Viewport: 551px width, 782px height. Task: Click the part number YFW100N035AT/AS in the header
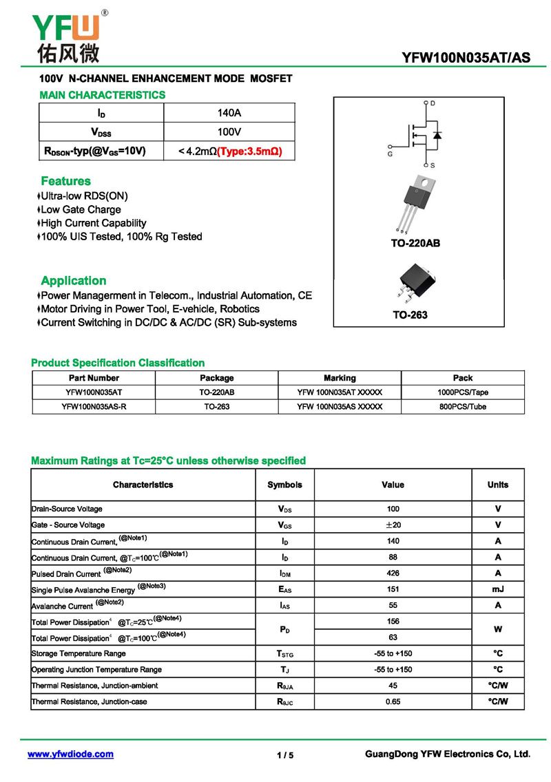[x=466, y=57]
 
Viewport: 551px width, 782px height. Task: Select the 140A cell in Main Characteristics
[x=229, y=113]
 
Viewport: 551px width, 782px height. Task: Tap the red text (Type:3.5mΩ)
[x=249, y=151]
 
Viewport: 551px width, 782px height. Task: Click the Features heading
[x=65, y=181]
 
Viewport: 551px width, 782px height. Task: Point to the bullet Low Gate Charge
[x=80, y=209]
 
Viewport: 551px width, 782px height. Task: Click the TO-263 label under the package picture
[x=410, y=315]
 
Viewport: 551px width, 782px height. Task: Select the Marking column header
[x=340, y=378]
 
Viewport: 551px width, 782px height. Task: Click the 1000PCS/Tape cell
[x=463, y=392]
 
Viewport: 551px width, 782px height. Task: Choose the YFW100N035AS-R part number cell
[x=94, y=407]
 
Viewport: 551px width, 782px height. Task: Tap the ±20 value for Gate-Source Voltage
[x=393, y=525]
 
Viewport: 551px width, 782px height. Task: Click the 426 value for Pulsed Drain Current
[x=393, y=573]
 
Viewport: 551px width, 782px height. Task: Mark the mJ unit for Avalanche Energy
[x=497, y=589]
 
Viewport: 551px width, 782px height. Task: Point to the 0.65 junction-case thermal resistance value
[x=393, y=701]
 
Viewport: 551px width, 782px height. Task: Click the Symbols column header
[x=284, y=485]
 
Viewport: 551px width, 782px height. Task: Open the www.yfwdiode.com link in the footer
[x=70, y=754]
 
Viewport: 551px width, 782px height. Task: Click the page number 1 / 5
[x=285, y=755]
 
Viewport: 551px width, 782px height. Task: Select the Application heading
[x=73, y=280]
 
